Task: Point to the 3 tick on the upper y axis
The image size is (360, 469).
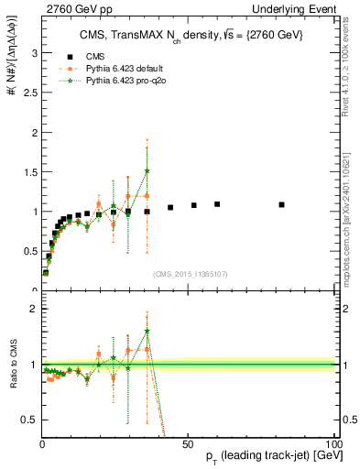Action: click(x=35, y=53)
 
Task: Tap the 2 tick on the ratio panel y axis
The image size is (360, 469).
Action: click(x=35, y=309)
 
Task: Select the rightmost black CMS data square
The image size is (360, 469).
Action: click(x=281, y=204)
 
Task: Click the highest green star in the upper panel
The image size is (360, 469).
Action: click(x=147, y=171)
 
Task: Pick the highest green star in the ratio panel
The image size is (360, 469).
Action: click(x=147, y=332)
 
